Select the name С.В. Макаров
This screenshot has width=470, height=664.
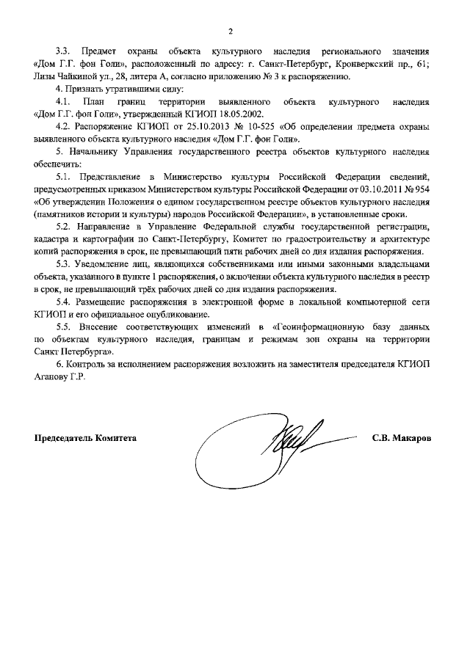click(x=402, y=438)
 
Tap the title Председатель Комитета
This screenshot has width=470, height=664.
click(x=85, y=438)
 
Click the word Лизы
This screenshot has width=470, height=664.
click(x=45, y=76)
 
